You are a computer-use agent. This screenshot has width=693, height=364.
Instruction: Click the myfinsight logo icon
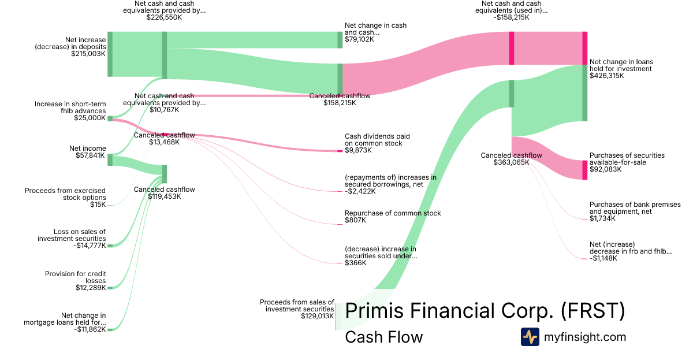coord(530,337)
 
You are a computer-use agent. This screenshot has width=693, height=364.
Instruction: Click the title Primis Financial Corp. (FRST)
coord(485,311)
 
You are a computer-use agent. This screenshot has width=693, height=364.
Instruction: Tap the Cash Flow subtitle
coord(383,337)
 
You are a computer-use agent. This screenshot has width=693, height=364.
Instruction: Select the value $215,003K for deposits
coord(88,54)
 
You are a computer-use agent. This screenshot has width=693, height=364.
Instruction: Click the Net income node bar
coord(110,159)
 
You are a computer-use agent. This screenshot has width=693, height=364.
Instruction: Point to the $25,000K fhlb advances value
coord(90,118)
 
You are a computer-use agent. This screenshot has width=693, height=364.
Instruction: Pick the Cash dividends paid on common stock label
coord(377,140)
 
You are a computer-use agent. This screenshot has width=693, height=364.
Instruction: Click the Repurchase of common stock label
coord(393,213)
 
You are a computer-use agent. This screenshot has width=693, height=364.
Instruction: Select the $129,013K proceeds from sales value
coord(317,316)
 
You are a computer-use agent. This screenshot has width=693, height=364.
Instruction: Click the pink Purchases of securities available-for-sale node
coord(584,170)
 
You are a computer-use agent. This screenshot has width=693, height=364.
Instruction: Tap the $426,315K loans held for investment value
coord(606,76)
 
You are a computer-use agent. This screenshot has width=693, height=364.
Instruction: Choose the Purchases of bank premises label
coord(635,208)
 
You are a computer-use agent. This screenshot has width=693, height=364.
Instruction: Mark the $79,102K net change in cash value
coord(359,39)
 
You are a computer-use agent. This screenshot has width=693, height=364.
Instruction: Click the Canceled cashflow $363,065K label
coord(511,159)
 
